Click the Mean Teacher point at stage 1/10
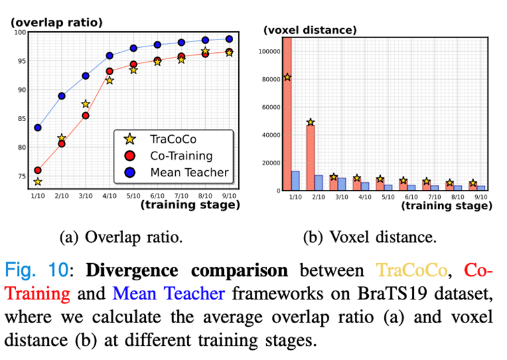tap(38, 127)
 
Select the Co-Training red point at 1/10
tap(38, 170)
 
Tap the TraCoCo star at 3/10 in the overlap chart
tap(85, 104)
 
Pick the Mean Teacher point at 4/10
tap(110, 56)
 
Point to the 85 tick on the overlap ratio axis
tap(21, 119)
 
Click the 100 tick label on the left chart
tap(19, 32)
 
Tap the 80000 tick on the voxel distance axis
tap(270, 79)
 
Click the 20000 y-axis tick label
tap(270, 162)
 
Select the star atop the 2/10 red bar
tap(310, 122)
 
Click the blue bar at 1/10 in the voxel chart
tap(295, 180)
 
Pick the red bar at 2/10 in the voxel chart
tap(310, 157)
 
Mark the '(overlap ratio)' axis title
tap(57, 22)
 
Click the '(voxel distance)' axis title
tap(310, 30)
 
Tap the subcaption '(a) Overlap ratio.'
tap(121, 238)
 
